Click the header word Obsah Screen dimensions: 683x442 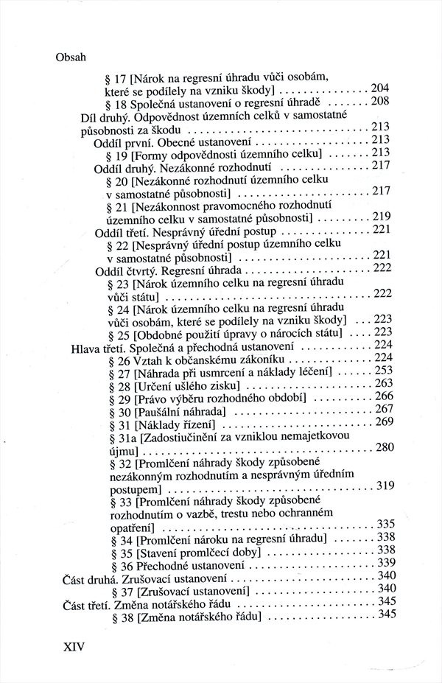click(x=71, y=57)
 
